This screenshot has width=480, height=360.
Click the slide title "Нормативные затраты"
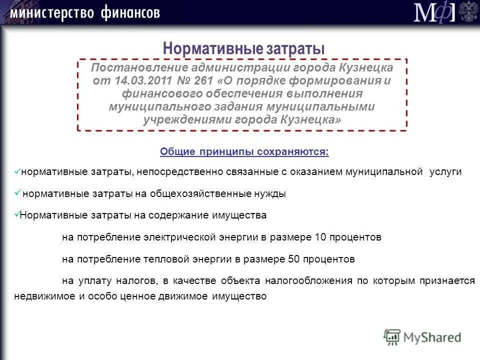pos(244,48)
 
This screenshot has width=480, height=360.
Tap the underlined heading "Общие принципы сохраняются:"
pos(244,151)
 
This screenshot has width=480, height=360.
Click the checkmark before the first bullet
pos(17,171)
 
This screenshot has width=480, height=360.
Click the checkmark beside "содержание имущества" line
pos(16,214)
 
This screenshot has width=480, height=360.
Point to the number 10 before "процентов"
pos(320,237)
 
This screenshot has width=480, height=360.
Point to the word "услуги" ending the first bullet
pos(446,171)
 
